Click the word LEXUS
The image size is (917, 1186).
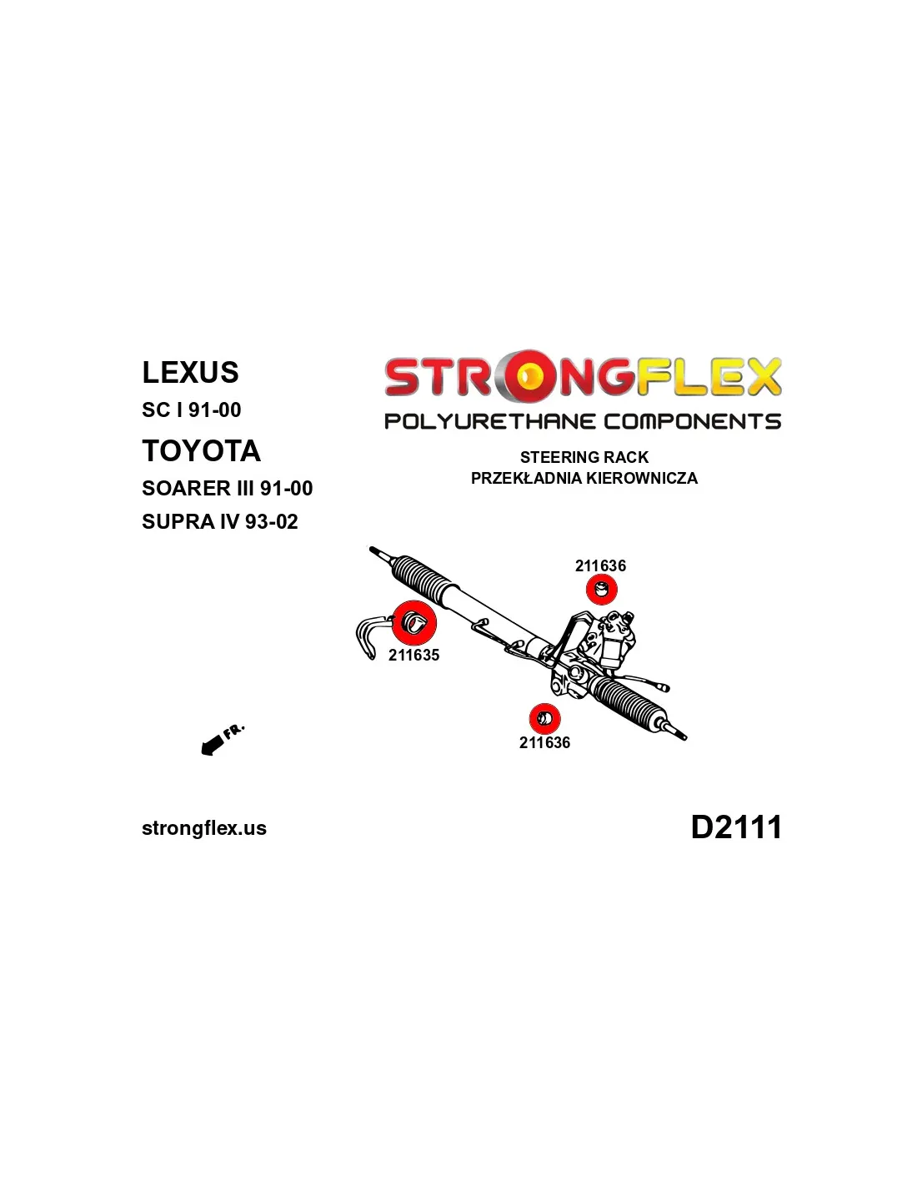coord(190,372)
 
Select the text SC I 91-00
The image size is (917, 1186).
coord(191,410)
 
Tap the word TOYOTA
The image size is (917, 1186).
coord(201,451)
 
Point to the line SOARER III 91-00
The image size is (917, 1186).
coord(227,488)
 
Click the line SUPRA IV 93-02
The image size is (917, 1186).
coord(220,522)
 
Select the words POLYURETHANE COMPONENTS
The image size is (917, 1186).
coord(583,421)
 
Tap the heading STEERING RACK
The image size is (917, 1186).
coord(584,457)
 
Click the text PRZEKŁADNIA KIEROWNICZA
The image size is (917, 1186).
coord(584,478)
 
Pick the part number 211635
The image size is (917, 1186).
coord(413,655)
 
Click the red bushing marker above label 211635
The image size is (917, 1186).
coord(414,623)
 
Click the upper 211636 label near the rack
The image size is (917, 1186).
coord(600,566)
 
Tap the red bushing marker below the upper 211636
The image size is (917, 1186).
coord(601,590)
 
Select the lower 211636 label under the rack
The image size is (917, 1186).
coord(544,742)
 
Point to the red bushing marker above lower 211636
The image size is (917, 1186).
coord(544,719)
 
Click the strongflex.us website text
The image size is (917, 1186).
coord(204,828)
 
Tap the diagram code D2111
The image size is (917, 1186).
coord(736,827)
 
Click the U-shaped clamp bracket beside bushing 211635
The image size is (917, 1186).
coord(367,636)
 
